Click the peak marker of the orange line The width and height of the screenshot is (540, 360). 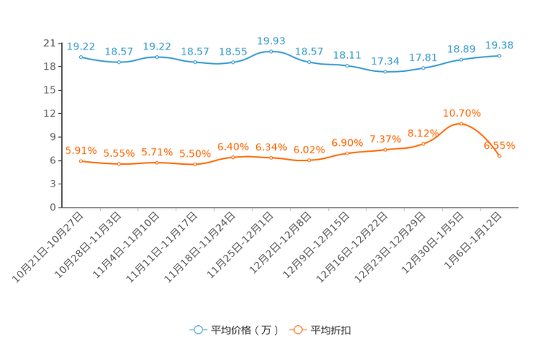click(461, 124)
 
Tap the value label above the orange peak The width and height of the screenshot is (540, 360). click(462, 112)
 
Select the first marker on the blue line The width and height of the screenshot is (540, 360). click(81, 57)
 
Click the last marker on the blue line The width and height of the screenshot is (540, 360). click(499, 55)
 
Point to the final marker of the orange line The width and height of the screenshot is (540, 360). click(499, 156)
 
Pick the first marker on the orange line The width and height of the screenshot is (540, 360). click(81, 160)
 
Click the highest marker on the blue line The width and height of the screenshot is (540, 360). click(271, 52)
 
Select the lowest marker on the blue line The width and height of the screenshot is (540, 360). click(385, 71)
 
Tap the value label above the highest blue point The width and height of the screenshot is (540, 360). click(271, 41)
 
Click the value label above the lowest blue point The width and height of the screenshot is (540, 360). click(385, 61)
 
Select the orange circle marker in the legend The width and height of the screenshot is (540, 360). click(297, 330)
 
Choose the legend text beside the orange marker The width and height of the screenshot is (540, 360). click(332, 330)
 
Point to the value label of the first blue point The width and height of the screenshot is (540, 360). click(80, 46)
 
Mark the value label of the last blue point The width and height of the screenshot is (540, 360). click(499, 45)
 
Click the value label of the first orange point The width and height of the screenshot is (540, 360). click(80, 150)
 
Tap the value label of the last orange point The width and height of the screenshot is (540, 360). click(499, 146)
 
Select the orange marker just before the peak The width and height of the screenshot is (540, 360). click(423, 144)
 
